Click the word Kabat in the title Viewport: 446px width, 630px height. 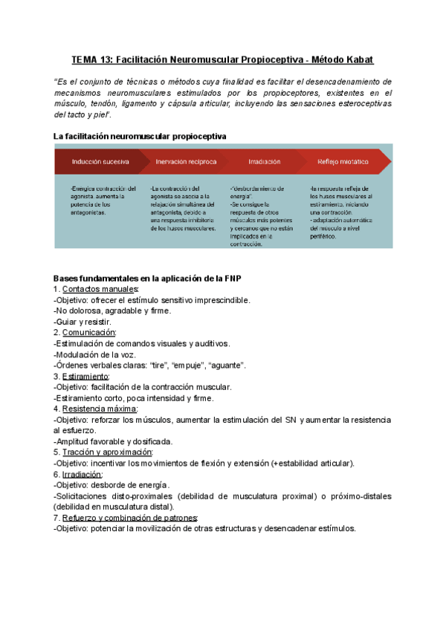[358, 58]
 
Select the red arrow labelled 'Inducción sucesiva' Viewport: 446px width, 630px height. [100, 161]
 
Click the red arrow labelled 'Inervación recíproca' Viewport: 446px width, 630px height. [187, 161]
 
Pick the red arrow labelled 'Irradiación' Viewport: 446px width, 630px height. [265, 161]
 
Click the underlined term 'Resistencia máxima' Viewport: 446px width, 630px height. [100, 409]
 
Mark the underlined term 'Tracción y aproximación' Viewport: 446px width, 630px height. [107, 452]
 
